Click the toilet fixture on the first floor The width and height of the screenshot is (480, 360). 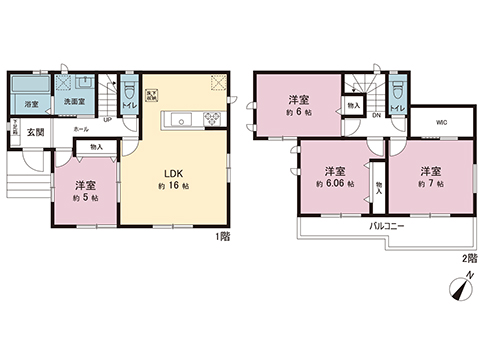pyautogui.click(x=128, y=88)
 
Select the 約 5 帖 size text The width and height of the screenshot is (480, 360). pyautogui.click(x=85, y=196)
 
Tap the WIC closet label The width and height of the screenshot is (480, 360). pyautogui.click(x=441, y=124)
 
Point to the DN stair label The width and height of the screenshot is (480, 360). pyautogui.click(x=376, y=116)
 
